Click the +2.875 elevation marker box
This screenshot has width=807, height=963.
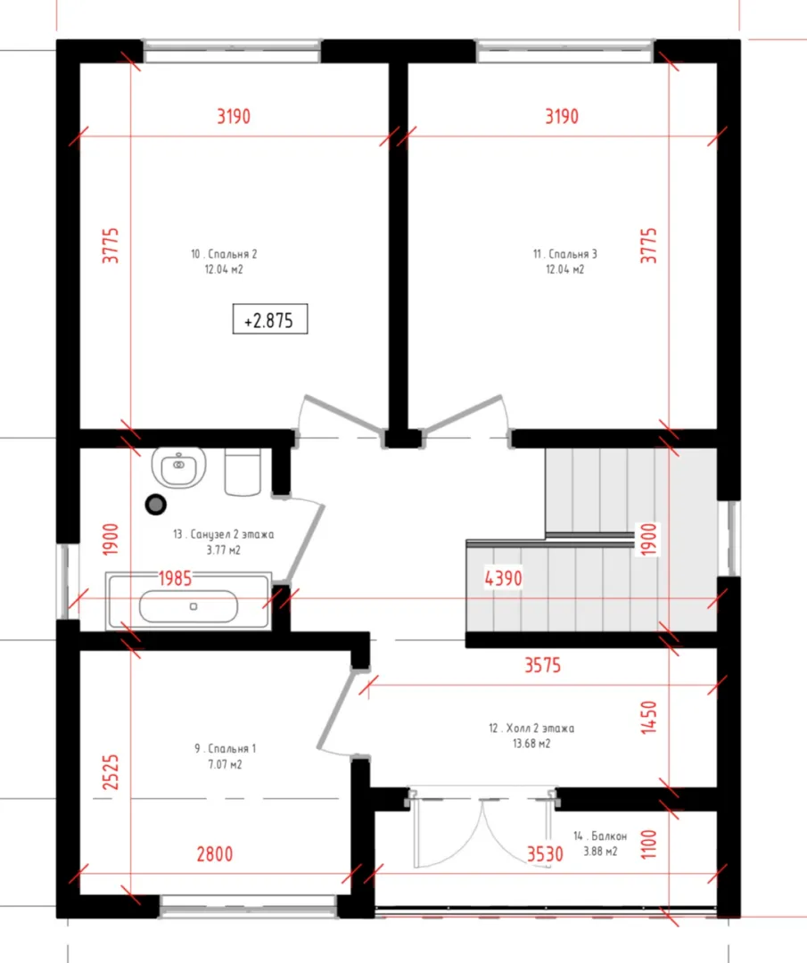[269, 319]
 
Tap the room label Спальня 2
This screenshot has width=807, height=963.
[232, 253]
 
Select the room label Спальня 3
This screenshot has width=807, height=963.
[572, 253]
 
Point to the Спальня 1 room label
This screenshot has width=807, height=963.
[232, 749]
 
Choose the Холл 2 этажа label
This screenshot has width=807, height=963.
[539, 728]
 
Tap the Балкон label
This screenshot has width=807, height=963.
[609, 835]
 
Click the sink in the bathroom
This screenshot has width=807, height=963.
[178, 467]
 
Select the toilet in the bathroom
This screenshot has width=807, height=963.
[243, 472]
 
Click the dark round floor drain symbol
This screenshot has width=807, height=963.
[156, 504]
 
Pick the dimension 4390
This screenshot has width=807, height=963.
[504, 578]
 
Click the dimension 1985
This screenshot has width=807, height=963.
[175, 578]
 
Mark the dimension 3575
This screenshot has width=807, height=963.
[542, 665]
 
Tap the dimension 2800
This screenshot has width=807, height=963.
[214, 853]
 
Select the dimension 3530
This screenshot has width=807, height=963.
[545, 853]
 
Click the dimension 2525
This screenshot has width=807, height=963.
[111, 772]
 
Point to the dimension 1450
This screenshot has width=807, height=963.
[648, 717]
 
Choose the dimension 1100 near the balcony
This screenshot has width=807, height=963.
[648, 844]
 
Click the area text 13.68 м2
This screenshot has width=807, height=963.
[531, 744]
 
